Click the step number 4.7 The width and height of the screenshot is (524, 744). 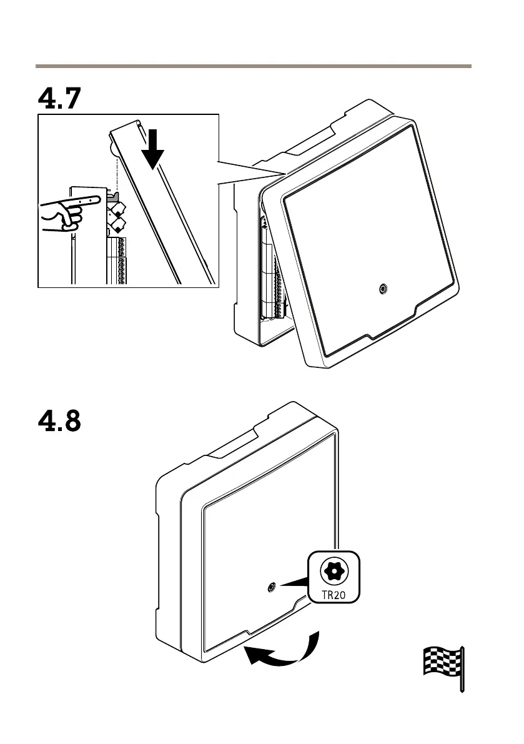coord(59,98)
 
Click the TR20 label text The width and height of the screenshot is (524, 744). coord(334,593)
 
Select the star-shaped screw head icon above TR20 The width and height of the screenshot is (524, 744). coord(334,570)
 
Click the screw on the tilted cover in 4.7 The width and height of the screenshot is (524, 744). coord(383,289)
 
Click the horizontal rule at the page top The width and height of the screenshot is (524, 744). coord(253,65)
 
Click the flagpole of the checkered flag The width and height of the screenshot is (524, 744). coord(462,668)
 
